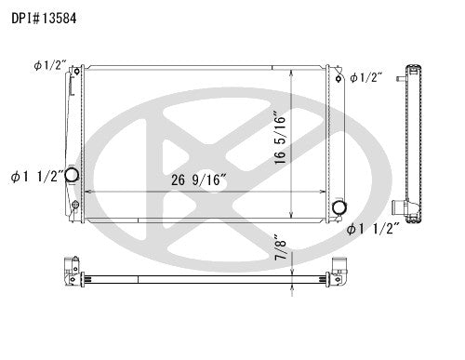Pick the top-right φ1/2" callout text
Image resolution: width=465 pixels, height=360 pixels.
click(366, 77)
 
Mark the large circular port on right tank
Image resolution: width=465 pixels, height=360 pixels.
click(339, 206)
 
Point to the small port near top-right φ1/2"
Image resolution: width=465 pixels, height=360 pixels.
click(340, 78)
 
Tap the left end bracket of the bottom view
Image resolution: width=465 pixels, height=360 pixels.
click(68, 270)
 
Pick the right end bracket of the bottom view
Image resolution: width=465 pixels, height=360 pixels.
click(338, 270)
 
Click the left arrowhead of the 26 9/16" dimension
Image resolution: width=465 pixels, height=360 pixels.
click(86, 191)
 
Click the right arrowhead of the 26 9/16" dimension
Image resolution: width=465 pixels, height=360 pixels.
click(325, 191)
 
